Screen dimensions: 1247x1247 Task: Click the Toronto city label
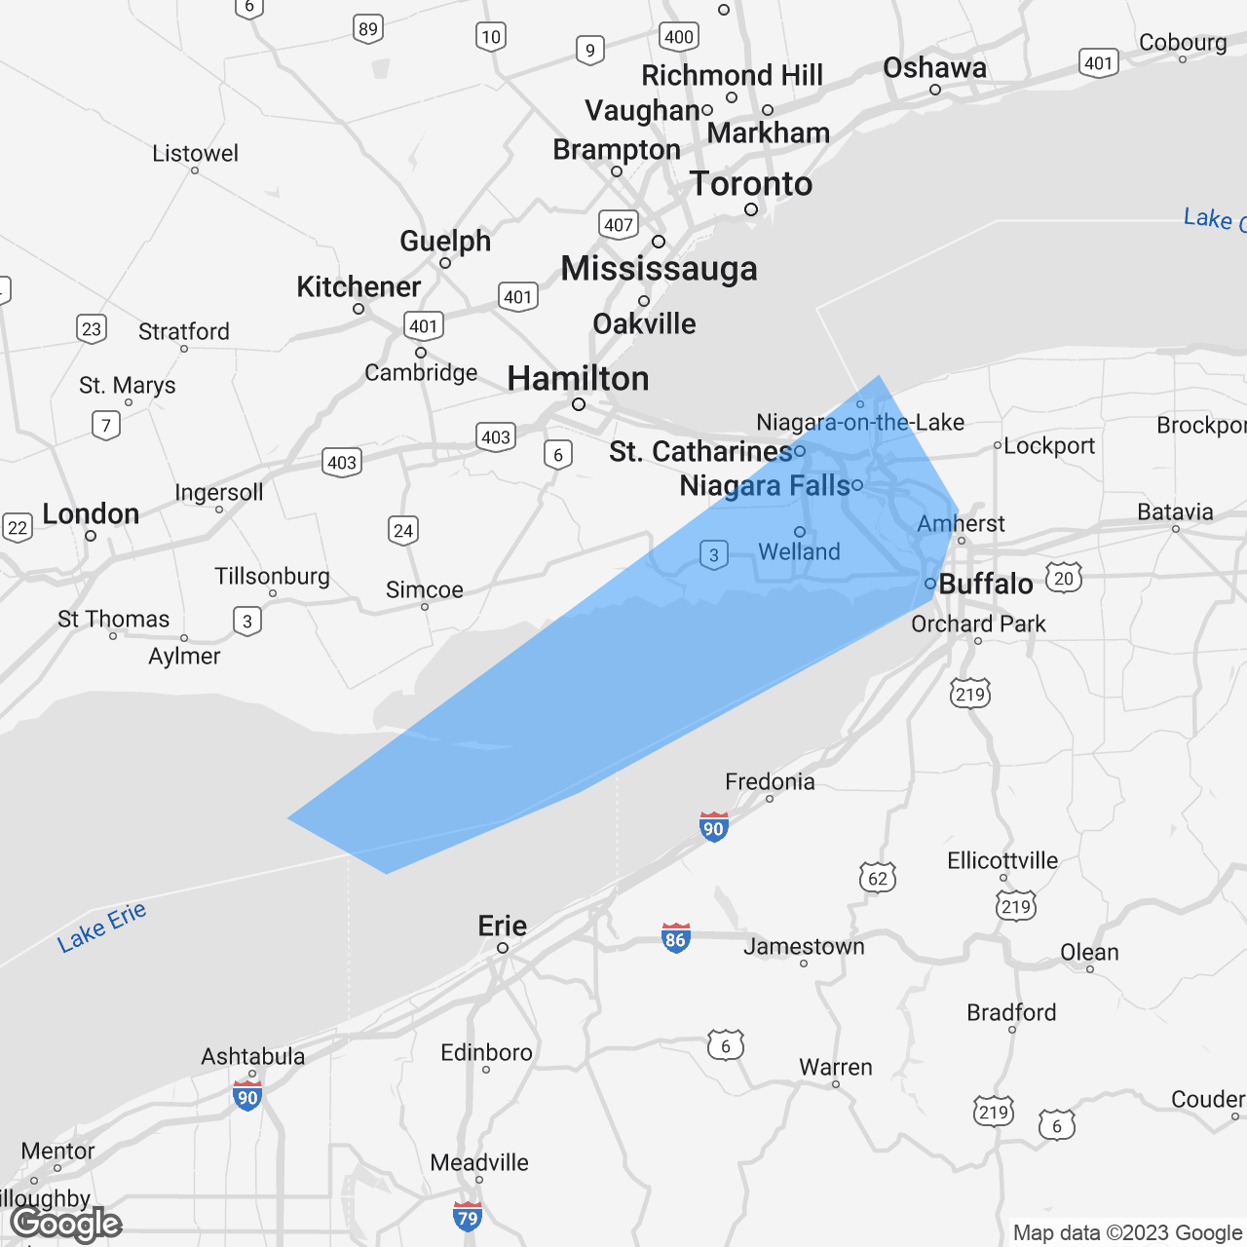pos(750,183)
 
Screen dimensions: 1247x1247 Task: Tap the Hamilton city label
pos(578,378)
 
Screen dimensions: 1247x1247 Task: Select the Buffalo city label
pos(985,584)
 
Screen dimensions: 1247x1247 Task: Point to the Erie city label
pos(502,926)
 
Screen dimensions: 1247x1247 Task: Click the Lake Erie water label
pos(101,926)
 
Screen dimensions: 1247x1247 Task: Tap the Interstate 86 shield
pos(675,938)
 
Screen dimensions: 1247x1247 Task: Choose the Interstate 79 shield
pos(468,1217)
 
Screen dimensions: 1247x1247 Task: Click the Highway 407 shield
pos(619,225)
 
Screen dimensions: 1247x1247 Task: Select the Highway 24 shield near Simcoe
pos(403,530)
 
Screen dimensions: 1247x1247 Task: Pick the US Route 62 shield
pos(878,878)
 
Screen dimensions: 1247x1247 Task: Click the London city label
pos(91,513)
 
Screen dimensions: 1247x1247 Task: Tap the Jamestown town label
pos(804,946)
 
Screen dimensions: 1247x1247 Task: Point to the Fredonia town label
pos(770,781)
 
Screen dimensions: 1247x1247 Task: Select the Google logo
pos(66,1224)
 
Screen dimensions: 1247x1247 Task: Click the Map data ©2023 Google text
pos(1127,1232)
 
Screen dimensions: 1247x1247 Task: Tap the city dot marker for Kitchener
pos(359,309)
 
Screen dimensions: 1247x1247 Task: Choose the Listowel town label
pos(195,153)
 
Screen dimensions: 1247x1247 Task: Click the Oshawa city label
pos(934,67)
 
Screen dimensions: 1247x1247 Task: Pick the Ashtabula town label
pos(252,1056)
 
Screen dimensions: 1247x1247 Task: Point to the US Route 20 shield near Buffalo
pos(1064,578)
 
